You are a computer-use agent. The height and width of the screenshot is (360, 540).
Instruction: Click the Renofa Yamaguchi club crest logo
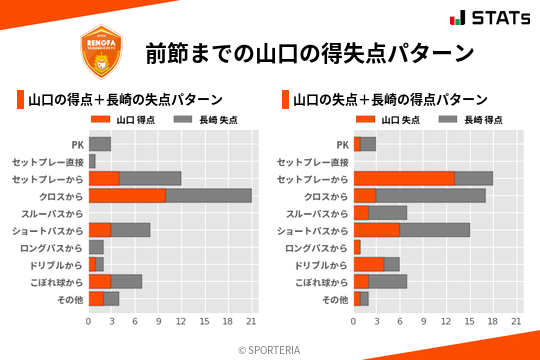100,50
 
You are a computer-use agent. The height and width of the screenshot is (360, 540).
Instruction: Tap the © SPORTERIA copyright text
270,349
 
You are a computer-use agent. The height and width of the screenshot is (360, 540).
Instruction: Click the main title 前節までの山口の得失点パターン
308,52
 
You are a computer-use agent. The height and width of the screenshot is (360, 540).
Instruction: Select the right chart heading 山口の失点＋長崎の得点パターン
390,100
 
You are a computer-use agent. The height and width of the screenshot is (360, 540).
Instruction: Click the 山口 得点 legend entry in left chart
119,120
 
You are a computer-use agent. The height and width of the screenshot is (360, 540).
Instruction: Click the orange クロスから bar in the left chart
127,195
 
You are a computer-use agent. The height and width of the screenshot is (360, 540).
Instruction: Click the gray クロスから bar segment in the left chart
208,195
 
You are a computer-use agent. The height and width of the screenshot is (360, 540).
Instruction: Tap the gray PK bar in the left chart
99,144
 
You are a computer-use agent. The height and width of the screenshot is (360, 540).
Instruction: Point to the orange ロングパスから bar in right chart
357,247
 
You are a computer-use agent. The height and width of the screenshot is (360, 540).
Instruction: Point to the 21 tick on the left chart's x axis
251,321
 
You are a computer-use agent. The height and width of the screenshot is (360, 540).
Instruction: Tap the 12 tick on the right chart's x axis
446,321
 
